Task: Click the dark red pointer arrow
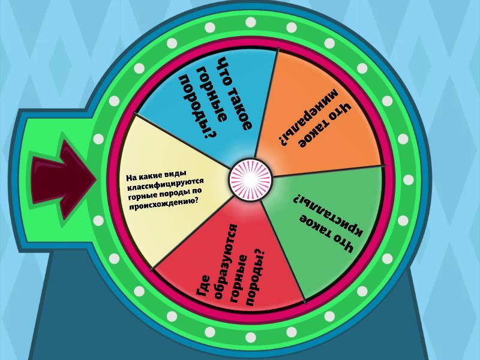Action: (63, 180)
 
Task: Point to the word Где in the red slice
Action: (203, 286)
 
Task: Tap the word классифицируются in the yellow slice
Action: (166, 185)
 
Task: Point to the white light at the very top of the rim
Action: (250, 22)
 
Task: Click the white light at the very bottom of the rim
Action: (250, 337)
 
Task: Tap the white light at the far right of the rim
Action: (408, 179)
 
